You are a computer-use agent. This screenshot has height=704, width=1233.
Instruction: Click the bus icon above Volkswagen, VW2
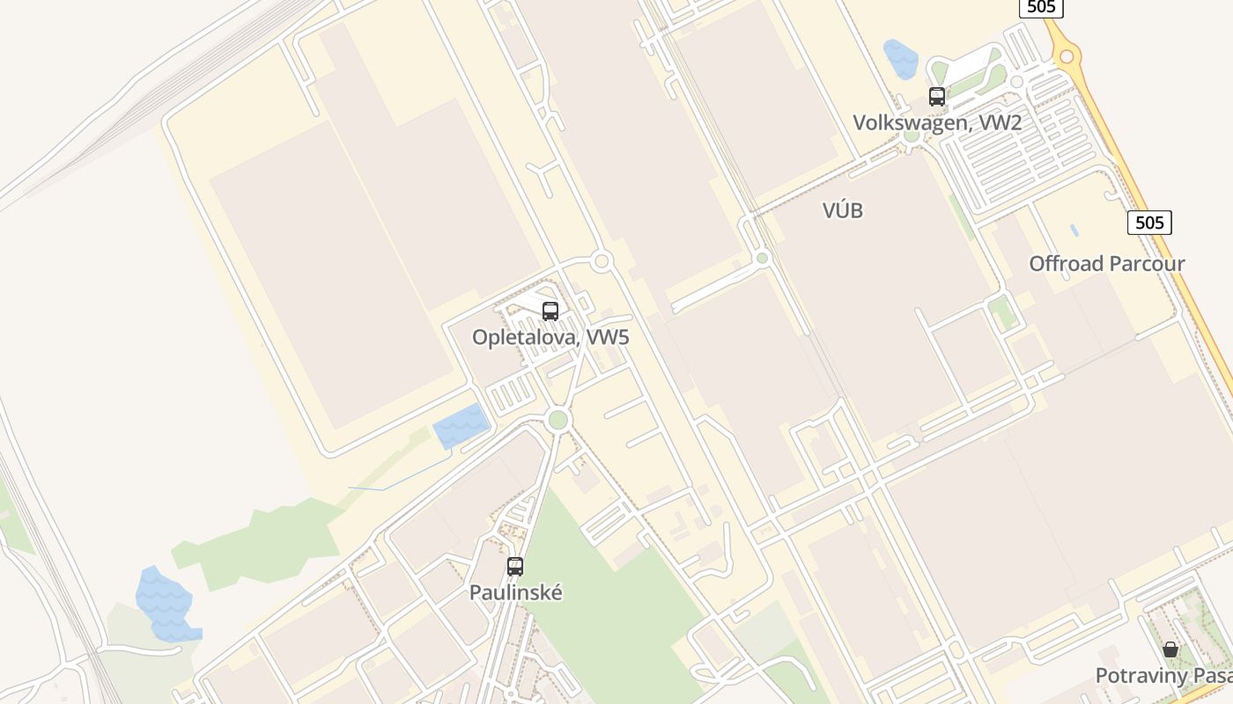pos(936,97)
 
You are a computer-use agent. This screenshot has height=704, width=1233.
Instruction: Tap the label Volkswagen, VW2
pos(936,122)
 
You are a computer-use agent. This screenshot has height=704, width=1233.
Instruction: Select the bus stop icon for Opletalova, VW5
pos(550,311)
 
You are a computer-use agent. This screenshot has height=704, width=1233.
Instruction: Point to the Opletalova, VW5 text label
pos(550,337)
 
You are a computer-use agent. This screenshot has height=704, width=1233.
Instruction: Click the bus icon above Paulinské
pos(515,567)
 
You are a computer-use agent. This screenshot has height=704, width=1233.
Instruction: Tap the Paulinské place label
pos(515,592)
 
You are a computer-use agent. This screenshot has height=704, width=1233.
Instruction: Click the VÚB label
pos(842,210)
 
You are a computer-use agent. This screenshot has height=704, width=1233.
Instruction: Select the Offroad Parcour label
pos(1106,263)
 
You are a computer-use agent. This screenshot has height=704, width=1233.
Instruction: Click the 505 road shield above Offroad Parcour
pos(1149,223)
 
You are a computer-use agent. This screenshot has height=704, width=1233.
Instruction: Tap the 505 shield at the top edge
pos(1041,7)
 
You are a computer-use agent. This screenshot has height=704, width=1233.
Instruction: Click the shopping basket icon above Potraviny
pos(1170,649)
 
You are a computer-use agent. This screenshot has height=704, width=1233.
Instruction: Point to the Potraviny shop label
pos(1163,676)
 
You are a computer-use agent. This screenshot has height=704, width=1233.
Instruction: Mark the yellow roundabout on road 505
pos(1067,57)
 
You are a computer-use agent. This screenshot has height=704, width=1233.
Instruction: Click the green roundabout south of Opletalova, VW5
pos(557,420)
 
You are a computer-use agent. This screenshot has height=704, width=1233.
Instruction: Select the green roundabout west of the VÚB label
pos(763,258)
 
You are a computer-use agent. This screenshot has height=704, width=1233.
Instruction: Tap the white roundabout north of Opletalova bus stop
pos(602,260)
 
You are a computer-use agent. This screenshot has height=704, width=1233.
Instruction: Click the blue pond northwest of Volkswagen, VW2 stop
pos(901,59)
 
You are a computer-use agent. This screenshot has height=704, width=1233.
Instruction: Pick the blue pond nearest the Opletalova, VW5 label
pos(461,426)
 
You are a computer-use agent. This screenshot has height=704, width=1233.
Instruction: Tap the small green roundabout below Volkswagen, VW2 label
pos(912,136)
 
